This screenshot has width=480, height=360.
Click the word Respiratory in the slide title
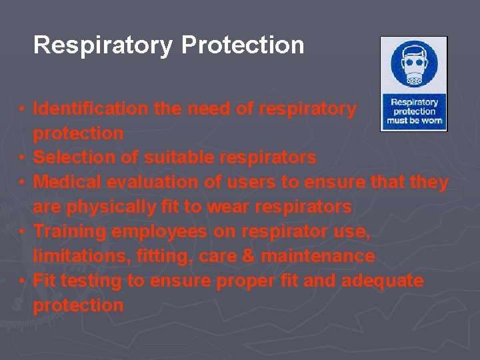click(103, 46)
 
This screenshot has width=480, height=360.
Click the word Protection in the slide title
click(243, 45)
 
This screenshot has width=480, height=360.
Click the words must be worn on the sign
click(414, 121)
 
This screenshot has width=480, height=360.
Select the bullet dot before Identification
click(22, 109)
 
